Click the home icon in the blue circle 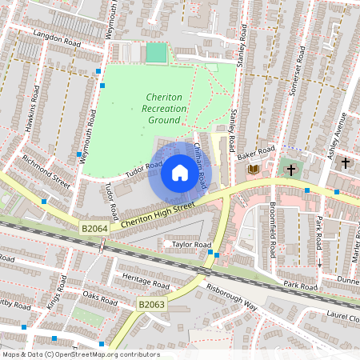pyautogui.click(x=179, y=173)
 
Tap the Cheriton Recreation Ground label pyautogui.click(x=163, y=108)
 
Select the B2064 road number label pyautogui.click(x=94, y=229)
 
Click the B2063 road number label pyautogui.click(x=150, y=305)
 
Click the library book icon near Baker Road pyautogui.click(x=254, y=169)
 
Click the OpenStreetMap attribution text pyautogui.click(x=81, y=354)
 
